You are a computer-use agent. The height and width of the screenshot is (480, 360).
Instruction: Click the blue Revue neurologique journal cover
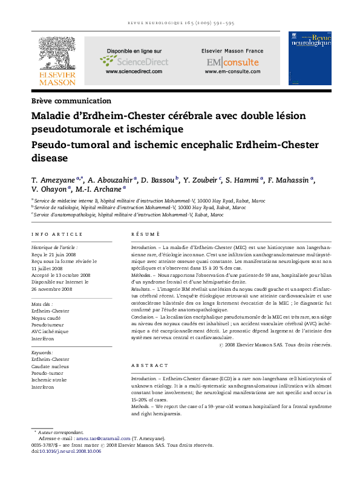[x=310, y=59]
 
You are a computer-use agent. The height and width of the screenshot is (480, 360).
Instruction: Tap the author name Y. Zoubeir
[x=202, y=180]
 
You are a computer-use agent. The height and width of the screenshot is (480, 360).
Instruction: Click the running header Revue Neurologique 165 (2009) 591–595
[x=180, y=23]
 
